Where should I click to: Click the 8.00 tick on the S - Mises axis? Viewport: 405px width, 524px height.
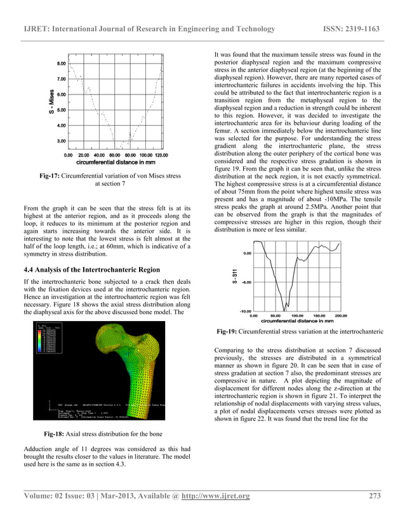pyautogui.click(x=62, y=64)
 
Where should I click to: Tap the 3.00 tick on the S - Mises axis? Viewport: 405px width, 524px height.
pyautogui.click(x=62, y=141)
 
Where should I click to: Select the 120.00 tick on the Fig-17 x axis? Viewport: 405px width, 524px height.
pyautogui.click(x=159, y=155)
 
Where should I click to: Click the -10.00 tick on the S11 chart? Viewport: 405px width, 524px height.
pyautogui.click(x=245, y=310)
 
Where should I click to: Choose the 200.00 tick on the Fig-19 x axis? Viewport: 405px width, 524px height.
pyautogui.click(x=340, y=315)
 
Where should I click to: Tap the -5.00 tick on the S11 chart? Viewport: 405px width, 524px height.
pyautogui.click(x=246, y=282)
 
